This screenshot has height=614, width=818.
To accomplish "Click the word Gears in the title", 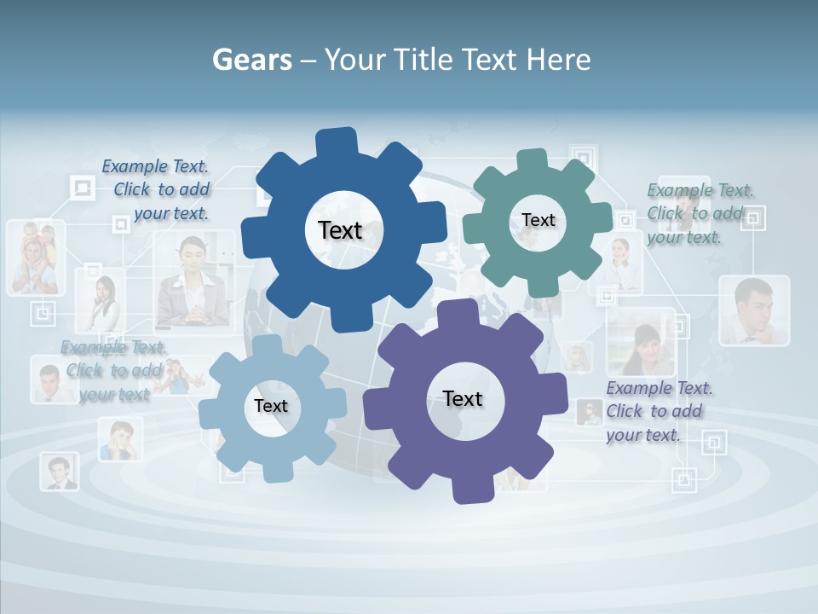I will pyautogui.click(x=251, y=61).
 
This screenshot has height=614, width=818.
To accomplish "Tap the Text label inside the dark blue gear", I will pyautogui.click(x=340, y=230).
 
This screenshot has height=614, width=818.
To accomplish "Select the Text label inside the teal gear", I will pyautogui.click(x=538, y=220).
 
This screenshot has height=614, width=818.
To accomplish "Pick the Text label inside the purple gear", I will pyautogui.click(x=463, y=399).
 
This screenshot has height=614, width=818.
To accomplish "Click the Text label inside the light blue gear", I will pyautogui.click(x=271, y=407).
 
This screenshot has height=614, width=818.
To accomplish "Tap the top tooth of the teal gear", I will pyautogui.click(x=532, y=160).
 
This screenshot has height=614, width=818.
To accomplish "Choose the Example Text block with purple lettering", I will pyautogui.click(x=659, y=411).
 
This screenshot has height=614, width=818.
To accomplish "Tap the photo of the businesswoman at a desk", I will pyautogui.click(x=193, y=281).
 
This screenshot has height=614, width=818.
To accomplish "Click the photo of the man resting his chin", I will pyautogui.click(x=753, y=310).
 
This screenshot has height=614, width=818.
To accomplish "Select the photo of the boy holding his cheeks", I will pyautogui.click(x=119, y=440).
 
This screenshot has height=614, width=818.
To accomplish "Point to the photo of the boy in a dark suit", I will pyautogui.click(x=60, y=472).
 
